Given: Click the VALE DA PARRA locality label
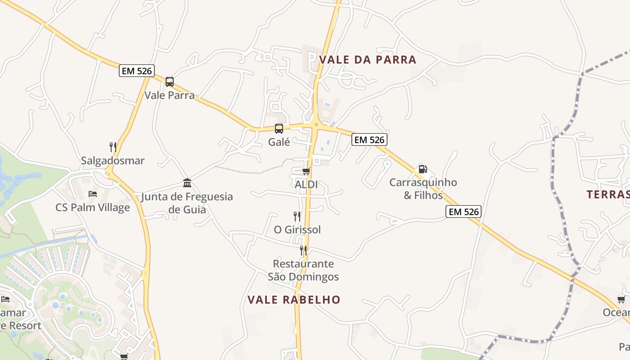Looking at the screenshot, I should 368,59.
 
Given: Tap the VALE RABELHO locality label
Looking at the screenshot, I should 294,300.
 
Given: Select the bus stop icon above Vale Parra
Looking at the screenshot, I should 169,82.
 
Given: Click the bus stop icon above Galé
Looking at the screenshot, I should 279,129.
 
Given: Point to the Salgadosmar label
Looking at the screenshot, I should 112,161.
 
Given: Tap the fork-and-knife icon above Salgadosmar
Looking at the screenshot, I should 113,147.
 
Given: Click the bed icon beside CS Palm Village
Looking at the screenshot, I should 93,194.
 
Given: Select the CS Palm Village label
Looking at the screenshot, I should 93,207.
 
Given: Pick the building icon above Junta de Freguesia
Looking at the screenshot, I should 187,183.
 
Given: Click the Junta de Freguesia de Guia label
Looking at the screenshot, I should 187,203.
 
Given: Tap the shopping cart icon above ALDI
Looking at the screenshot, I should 306,171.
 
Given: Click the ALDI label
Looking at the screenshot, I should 306,184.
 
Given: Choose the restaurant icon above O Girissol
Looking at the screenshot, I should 297,216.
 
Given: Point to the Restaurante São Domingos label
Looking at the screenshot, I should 303,270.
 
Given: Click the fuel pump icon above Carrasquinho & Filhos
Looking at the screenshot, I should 423,169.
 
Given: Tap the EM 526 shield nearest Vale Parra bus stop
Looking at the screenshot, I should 137,71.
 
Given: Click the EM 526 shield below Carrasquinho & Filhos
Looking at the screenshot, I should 463,211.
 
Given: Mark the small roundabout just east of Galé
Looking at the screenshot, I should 316,125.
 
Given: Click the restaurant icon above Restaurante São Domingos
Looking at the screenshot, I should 303,250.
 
